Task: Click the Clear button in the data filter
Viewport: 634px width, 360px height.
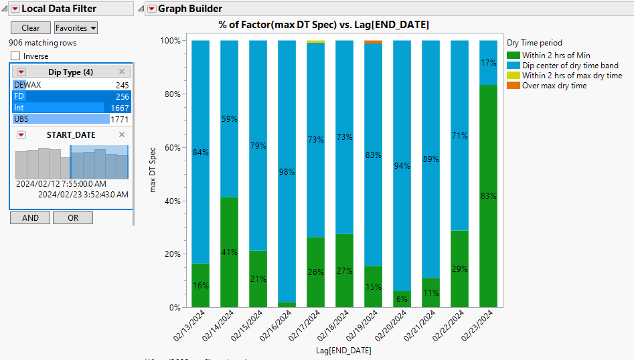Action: (x=30, y=27)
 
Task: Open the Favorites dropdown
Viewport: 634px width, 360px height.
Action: (x=76, y=27)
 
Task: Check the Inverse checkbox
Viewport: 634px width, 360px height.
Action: (x=16, y=56)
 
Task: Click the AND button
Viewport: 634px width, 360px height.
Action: (x=30, y=217)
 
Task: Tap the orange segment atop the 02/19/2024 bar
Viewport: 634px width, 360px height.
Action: (x=373, y=42)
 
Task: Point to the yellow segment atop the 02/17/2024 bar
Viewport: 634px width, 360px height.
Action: (x=315, y=41)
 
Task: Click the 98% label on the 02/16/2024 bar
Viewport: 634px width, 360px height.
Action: (x=287, y=172)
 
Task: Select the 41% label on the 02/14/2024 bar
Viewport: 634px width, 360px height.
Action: (x=229, y=252)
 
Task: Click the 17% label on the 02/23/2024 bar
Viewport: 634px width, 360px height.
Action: (x=489, y=63)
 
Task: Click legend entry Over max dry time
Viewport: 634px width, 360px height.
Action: (x=554, y=86)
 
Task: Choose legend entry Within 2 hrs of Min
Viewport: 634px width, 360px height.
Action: (x=556, y=56)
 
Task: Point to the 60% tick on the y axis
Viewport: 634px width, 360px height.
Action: (x=171, y=147)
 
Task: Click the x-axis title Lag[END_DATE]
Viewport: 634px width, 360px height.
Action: (x=343, y=350)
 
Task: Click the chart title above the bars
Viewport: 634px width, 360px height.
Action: (x=323, y=25)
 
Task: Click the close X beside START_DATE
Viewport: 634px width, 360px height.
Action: (x=122, y=134)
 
